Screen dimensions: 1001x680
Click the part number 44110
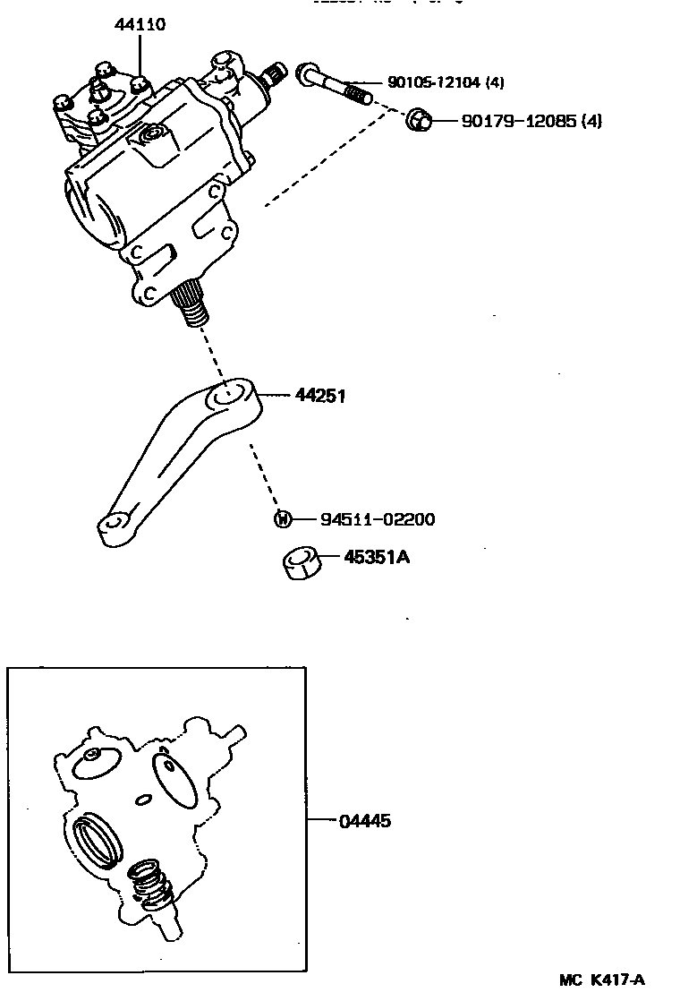point(140,25)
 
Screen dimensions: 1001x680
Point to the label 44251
point(319,395)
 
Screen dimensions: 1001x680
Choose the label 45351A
point(376,558)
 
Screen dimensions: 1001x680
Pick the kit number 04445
point(364,820)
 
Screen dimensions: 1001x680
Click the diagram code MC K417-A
point(602,980)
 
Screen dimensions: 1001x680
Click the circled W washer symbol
point(281,519)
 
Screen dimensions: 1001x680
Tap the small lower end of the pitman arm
point(111,526)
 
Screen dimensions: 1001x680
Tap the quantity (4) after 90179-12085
point(591,120)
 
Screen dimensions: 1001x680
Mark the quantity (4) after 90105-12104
point(495,83)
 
